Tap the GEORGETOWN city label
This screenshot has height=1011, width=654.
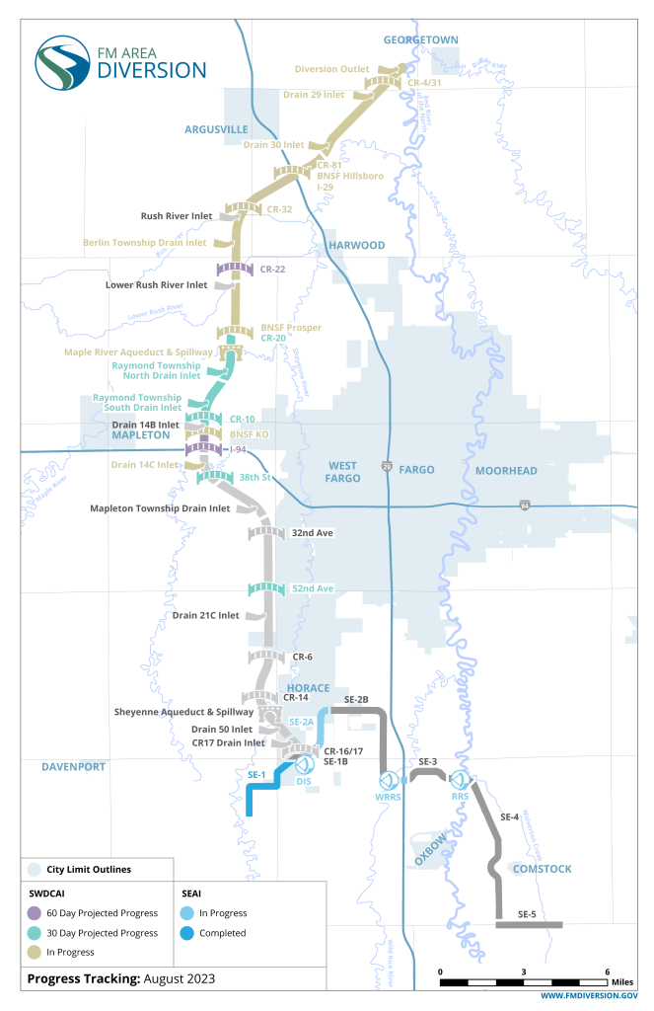(421, 39)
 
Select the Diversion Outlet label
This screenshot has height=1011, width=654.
(332, 69)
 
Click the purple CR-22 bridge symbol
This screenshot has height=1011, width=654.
(235, 269)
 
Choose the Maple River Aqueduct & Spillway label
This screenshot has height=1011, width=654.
(138, 351)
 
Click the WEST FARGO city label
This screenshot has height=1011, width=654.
(342, 471)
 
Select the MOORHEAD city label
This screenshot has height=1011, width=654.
(506, 471)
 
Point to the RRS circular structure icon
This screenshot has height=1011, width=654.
(461, 781)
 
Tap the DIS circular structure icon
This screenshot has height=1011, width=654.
(305, 766)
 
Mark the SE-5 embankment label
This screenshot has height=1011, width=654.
(528, 914)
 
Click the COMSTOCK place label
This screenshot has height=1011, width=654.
(541, 869)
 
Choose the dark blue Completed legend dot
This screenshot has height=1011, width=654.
(186, 933)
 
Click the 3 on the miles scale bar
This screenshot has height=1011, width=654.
(524, 972)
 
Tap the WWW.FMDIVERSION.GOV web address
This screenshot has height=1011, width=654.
(589, 998)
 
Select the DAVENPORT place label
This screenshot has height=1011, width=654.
(73, 766)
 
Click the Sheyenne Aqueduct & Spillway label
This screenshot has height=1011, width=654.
(184, 711)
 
